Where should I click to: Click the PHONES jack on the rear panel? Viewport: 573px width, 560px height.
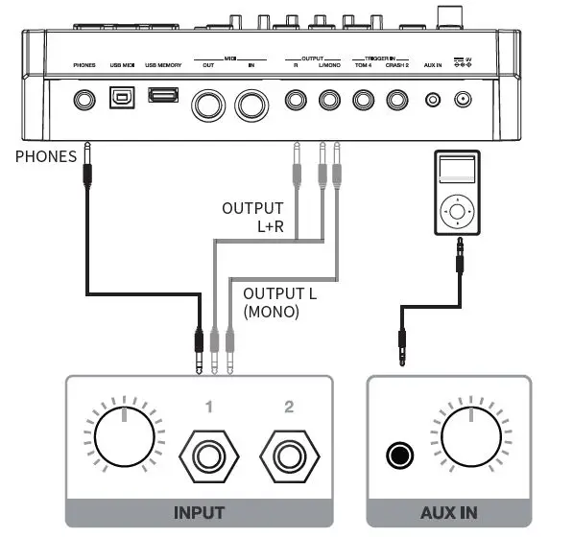point(86,100)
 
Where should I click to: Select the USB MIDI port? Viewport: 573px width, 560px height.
point(121,99)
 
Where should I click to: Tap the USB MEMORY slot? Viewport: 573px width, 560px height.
point(163,97)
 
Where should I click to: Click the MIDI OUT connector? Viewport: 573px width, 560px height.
point(209,104)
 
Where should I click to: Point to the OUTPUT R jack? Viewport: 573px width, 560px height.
point(297,100)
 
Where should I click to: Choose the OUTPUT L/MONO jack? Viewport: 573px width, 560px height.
point(330,100)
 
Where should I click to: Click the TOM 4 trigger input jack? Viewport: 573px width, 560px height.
point(364,100)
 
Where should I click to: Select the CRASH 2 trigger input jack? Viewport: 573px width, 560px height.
point(396,100)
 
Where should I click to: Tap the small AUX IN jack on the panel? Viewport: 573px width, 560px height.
point(433,100)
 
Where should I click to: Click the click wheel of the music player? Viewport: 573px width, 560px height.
point(458,209)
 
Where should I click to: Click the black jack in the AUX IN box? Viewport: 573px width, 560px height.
point(396,455)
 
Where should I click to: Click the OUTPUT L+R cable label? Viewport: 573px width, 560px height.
point(252,216)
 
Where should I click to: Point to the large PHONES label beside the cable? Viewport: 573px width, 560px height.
point(45,155)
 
